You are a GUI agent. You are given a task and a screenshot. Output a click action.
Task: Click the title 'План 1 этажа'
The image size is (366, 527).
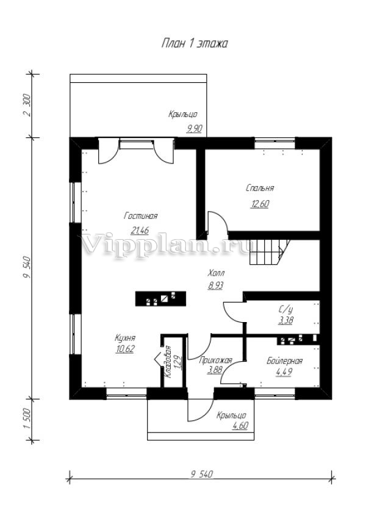194,44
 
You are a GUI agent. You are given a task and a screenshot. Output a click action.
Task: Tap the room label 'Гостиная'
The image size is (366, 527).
141,216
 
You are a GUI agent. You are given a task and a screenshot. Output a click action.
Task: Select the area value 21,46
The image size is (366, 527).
140,231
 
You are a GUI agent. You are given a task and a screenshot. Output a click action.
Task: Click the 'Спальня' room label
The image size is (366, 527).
260,188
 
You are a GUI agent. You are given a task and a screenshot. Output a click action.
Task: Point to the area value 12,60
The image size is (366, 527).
259,204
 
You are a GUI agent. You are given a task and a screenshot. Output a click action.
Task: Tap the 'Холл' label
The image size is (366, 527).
216,272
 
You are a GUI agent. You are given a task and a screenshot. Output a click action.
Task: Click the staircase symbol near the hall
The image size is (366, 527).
270,252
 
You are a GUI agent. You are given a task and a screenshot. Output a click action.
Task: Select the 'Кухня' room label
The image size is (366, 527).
125,338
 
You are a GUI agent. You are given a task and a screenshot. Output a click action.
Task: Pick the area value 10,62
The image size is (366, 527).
125,350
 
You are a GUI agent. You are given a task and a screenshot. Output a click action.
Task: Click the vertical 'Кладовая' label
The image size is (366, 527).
168,362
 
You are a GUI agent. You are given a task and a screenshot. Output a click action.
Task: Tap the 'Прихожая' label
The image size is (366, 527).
215,360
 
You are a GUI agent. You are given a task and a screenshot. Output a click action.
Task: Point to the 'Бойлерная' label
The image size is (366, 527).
285,361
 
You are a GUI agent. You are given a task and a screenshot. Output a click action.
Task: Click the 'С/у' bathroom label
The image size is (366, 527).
285,309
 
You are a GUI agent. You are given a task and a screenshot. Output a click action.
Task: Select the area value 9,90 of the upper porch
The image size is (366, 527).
194,128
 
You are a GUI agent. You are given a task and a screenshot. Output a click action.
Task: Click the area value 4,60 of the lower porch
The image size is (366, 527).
240,426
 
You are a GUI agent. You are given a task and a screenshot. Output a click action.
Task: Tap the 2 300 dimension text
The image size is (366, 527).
27,105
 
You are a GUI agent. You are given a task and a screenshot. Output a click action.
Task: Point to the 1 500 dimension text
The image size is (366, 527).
27,419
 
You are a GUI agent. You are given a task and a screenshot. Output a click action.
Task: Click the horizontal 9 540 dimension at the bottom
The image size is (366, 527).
202,474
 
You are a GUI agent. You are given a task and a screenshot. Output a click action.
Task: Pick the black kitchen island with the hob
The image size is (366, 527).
160,299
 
